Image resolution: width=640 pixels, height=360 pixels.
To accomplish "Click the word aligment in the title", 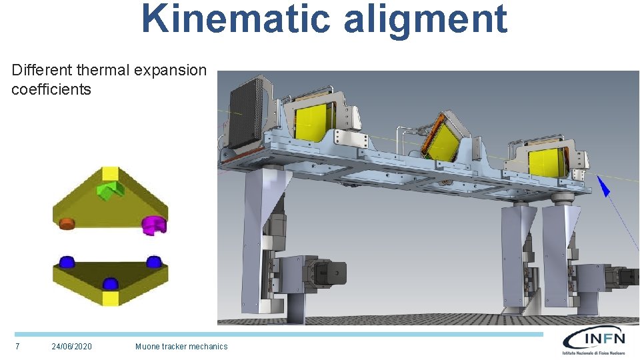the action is [x=426, y=21].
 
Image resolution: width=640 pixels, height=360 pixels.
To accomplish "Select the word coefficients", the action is [x=51, y=89].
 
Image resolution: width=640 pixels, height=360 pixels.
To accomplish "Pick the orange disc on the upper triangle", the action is [x=67, y=223].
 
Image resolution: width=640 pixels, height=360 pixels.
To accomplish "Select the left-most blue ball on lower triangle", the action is [x=67, y=261].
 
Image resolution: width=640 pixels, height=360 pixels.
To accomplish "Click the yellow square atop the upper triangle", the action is [x=110, y=173].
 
